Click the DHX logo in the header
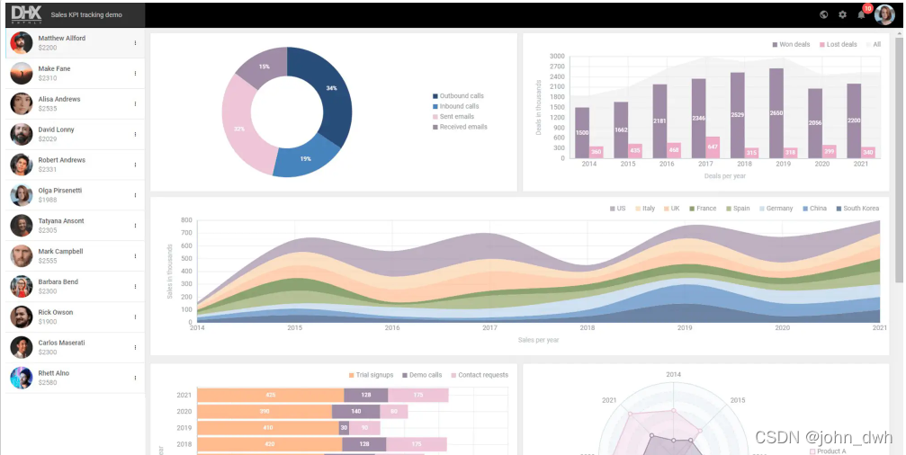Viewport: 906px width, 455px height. pyautogui.click(x=26, y=14)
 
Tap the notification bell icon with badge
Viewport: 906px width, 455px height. pyautogui.click(x=862, y=14)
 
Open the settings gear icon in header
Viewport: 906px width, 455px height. pyautogui.click(x=843, y=14)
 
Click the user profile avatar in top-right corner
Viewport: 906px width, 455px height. pyautogui.click(x=884, y=14)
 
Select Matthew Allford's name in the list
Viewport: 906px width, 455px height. pyautogui.click(x=62, y=39)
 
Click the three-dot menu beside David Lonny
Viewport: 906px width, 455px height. pyautogui.click(x=136, y=134)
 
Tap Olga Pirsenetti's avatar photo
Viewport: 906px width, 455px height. pyautogui.click(x=22, y=195)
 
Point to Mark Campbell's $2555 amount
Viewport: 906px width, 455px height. pyautogui.click(x=48, y=261)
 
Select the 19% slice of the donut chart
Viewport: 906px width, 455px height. pyautogui.click(x=307, y=158)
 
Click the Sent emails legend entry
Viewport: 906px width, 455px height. pyautogui.click(x=457, y=117)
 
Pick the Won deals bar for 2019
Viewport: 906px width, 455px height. pyautogui.click(x=776, y=113)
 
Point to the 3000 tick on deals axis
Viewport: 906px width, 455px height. pyautogui.click(x=557, y=56)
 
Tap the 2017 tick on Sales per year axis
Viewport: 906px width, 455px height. pyautogui.click(x=489, y=328)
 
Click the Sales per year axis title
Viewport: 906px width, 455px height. pyautogui.click(x=538, y=340)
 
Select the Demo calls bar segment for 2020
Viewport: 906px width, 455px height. pyautogui.click(x=355, y=411)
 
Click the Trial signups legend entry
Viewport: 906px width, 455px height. pyautogui.click(x=372, y=375)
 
